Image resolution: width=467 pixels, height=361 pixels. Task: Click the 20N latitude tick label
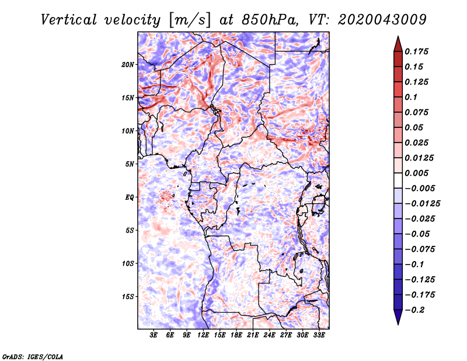point(128,65)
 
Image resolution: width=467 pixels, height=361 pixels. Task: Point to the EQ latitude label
point(129,197)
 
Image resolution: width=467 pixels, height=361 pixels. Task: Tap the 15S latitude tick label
point(128,297)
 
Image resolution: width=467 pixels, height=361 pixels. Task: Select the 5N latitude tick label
point(130,164)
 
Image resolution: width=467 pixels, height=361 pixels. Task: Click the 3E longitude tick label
point(154,335)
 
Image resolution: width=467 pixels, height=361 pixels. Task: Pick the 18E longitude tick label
point(236,335)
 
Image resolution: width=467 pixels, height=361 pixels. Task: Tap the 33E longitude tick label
point(319,335)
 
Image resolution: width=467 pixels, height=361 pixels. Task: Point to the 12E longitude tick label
point(203,335)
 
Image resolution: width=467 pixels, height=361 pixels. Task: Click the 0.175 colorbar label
point(416,51)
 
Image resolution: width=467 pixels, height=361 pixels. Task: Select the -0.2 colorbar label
point(414,310)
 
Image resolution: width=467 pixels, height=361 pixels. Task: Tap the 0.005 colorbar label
point(416,173)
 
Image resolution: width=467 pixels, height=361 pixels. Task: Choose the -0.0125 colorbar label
point(422,204)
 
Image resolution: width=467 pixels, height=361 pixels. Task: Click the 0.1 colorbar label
point(411,97)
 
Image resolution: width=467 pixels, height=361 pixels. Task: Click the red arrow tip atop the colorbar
point(398,36)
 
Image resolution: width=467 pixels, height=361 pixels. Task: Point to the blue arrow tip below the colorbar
point(398,324)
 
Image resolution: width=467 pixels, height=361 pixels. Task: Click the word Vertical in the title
point(69,20)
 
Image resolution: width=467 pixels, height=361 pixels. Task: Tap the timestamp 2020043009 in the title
point(382,20)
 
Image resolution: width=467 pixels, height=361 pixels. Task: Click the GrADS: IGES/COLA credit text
point(33,357)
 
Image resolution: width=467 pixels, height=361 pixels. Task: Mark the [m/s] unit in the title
point(190,20)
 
